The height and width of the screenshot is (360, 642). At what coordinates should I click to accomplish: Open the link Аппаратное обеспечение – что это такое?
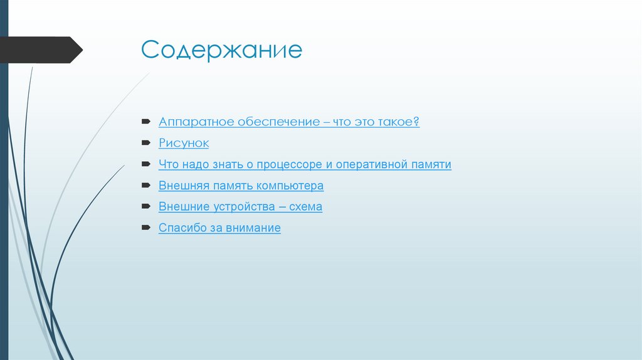[288, 122]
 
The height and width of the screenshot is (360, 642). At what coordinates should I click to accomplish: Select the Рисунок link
[183, 143]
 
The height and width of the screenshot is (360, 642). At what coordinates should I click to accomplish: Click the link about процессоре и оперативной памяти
[305, 164]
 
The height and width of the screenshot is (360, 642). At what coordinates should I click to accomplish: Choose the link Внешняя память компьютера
[241, 186]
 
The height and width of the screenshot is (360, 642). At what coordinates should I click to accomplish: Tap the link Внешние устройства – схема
[240, 206]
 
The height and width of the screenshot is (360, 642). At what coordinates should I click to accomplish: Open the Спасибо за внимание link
[219, 228]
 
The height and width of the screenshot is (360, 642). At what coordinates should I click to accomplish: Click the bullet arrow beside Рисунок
[145, 143]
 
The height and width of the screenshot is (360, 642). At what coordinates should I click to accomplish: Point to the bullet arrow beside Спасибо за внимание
[145, 228]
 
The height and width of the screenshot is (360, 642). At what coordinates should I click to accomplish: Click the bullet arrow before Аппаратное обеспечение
[145, 122]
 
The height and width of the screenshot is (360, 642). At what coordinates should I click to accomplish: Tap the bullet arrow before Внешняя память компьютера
[145, 186]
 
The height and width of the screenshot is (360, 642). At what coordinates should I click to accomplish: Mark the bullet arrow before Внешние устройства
[145, 206]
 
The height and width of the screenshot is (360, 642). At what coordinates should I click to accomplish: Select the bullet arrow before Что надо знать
[145, 164]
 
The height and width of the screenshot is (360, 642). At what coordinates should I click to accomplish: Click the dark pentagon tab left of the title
[41, 50]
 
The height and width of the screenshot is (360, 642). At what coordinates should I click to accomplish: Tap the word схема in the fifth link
[305, 206]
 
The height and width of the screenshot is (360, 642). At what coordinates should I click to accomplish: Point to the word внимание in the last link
[253, 228]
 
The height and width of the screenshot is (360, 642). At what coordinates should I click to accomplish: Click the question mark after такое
[416, 122]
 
